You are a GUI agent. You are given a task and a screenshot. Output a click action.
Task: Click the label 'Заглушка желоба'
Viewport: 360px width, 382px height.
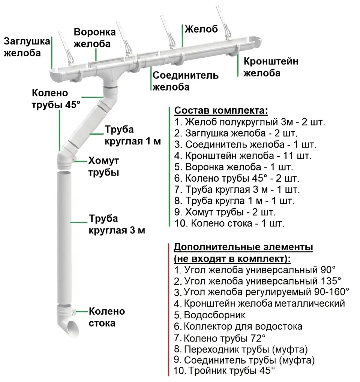26,47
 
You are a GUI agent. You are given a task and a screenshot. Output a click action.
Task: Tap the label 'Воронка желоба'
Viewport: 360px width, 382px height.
91,37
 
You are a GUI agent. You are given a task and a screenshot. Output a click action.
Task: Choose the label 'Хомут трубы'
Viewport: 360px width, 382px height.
103,167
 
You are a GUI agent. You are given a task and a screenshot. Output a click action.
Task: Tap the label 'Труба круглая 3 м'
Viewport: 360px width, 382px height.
116,224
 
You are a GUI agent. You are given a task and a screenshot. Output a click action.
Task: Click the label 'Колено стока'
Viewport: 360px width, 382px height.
106,317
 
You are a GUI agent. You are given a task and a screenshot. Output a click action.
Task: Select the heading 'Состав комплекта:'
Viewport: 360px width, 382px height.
221,111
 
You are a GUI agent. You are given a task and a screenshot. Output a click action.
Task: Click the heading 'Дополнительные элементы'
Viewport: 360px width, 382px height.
244,247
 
